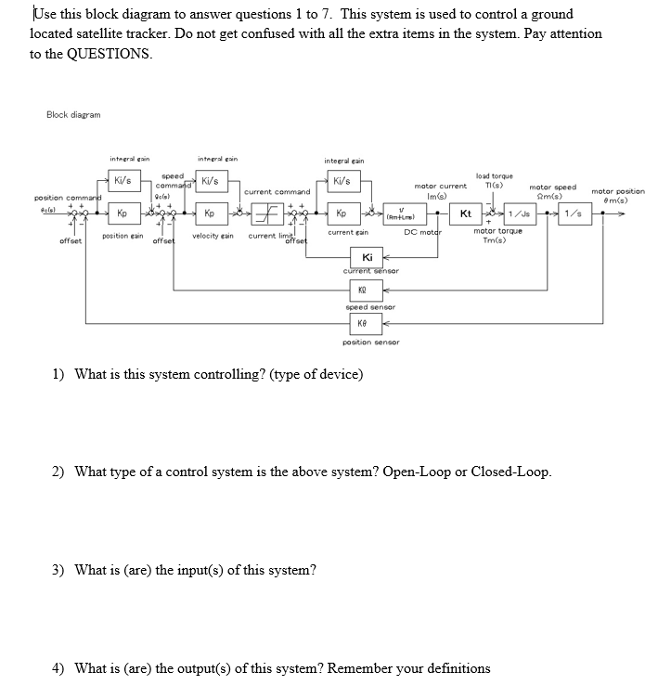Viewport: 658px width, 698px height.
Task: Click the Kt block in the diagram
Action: (x=466, y=214)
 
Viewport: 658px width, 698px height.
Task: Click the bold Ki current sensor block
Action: (x=368, y=257)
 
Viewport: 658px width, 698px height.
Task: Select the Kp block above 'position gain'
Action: (x=122, y=213)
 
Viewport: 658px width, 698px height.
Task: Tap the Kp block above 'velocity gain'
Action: (x=210, y=213)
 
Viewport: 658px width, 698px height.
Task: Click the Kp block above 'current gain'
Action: (x=342, y=213)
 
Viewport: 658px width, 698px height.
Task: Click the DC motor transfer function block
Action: (x=401, y=214)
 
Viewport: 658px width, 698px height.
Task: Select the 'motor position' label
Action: (x=617, y=191)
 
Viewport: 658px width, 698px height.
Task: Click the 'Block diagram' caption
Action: (x=73, y=114)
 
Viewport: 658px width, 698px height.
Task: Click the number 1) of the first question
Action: (x=58, y=374)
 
